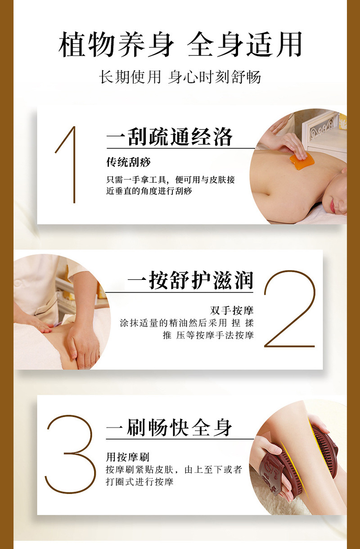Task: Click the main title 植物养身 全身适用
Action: [x=180, y=45]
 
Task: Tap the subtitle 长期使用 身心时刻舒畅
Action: [x=180, y=76]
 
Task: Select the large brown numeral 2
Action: [x=289, y=309]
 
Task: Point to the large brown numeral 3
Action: [x=70, y=454]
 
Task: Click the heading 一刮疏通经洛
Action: [x=169, y=137]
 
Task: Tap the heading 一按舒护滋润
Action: [x=190, y=280]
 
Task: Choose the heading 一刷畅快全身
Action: [x=169, y=427]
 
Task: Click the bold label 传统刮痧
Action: [x=128, y=162]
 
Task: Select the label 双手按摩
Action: [x=232, y=311]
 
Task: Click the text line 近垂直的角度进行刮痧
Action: [x=149, y=191]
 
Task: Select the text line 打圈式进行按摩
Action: [x=139, y=482]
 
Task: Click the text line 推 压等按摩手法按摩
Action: [x=208, y=335]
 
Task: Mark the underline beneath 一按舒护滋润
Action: [x=180, y=292]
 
